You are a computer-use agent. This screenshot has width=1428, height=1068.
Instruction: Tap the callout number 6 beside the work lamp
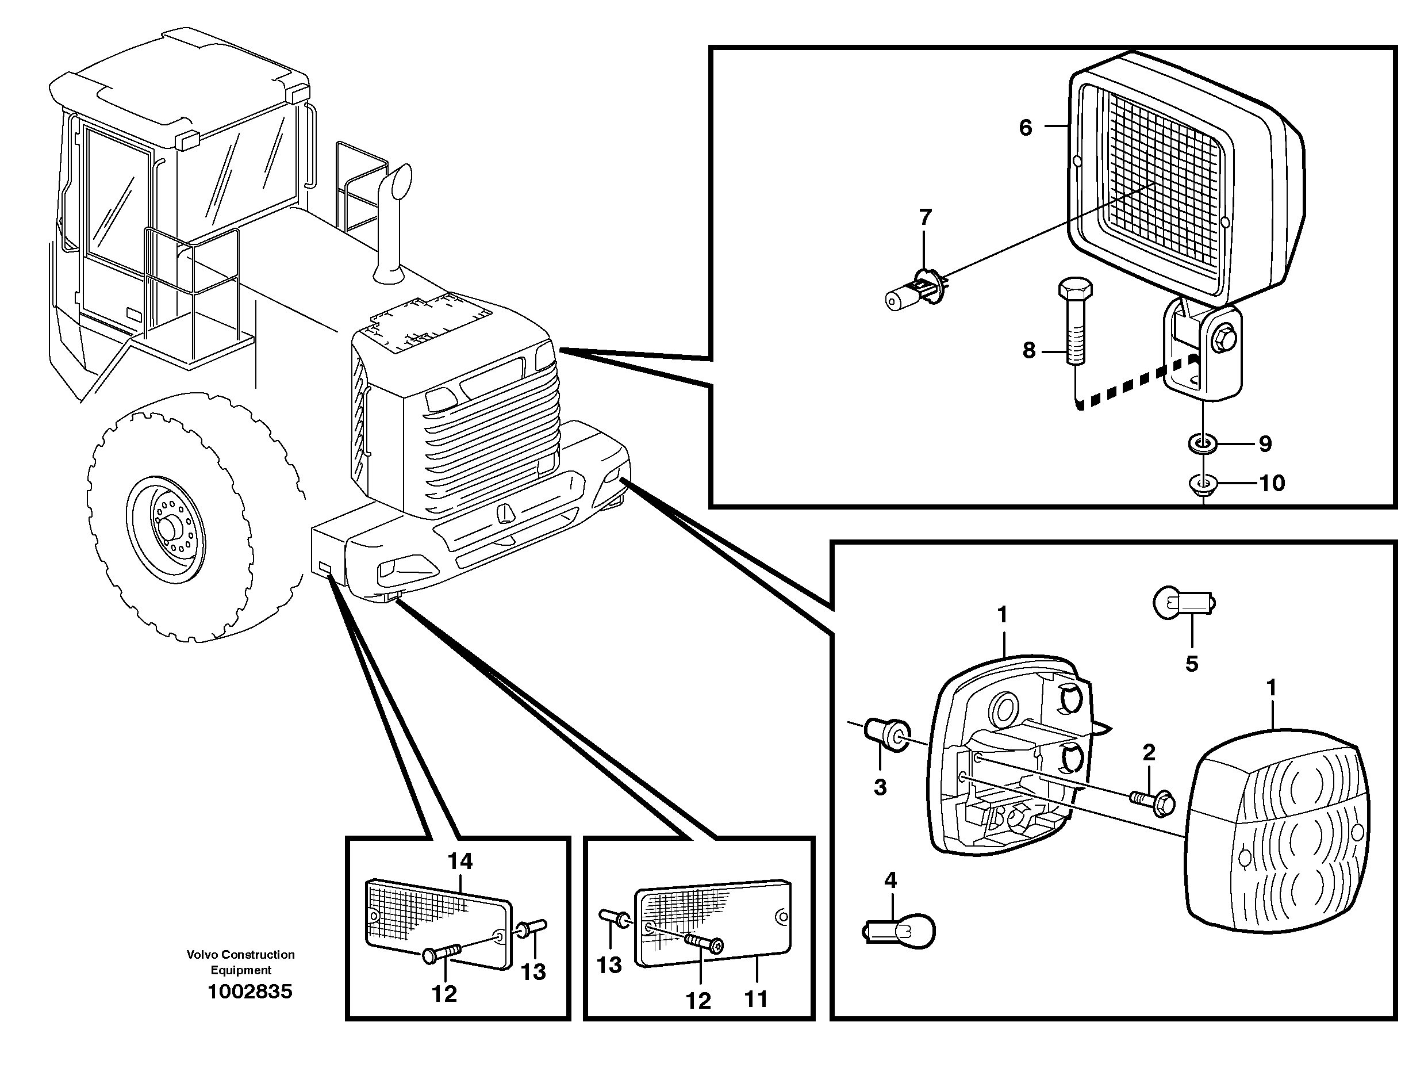click(x=1025, y=128)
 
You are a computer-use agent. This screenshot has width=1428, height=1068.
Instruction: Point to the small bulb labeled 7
click(x=915, y=293)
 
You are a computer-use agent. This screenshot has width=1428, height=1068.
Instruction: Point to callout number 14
click(x=460, y=861)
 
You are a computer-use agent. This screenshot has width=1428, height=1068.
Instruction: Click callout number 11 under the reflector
click(x=756, y=999)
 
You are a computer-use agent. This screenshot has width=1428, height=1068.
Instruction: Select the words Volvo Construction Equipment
click(x=241, y=962)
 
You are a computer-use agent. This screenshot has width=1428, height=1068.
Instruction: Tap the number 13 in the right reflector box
click(x=609, y=964)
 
